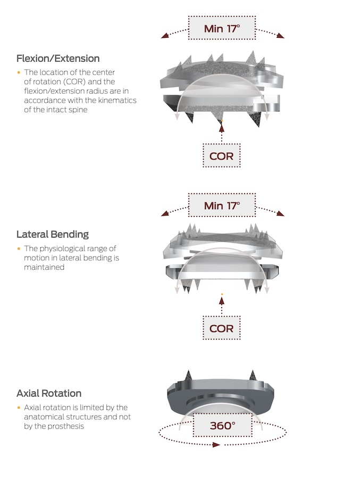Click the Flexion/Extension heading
coord(58,59)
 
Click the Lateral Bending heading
coord(53,234)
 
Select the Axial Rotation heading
coord(49,393)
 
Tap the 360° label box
coord(223,425)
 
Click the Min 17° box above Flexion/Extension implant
coord(222,28)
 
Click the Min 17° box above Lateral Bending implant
coord(222,205)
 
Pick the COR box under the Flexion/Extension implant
coord(221,156)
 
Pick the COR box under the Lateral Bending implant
coord(221,328)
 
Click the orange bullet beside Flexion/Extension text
coord(19,72)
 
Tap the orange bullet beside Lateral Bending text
coord(19,249)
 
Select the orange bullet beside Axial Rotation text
coord(19,408)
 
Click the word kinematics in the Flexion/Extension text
coord(117,100)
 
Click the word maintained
coord(44,267)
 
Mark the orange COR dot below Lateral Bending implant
coord(222,294)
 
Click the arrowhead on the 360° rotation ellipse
coord(216,445)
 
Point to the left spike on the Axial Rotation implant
coord(188,375)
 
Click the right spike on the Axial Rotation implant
coord(253,375)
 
